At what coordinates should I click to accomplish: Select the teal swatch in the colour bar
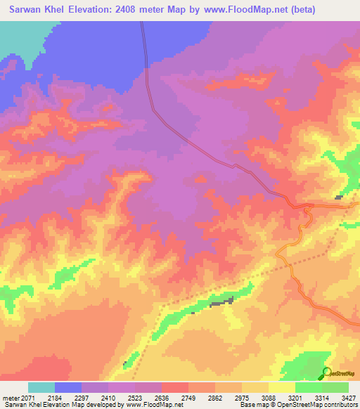tap(41, 387)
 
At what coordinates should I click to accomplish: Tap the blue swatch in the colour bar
tap(68, 387)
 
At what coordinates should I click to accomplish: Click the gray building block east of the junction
tap(339, 197)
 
